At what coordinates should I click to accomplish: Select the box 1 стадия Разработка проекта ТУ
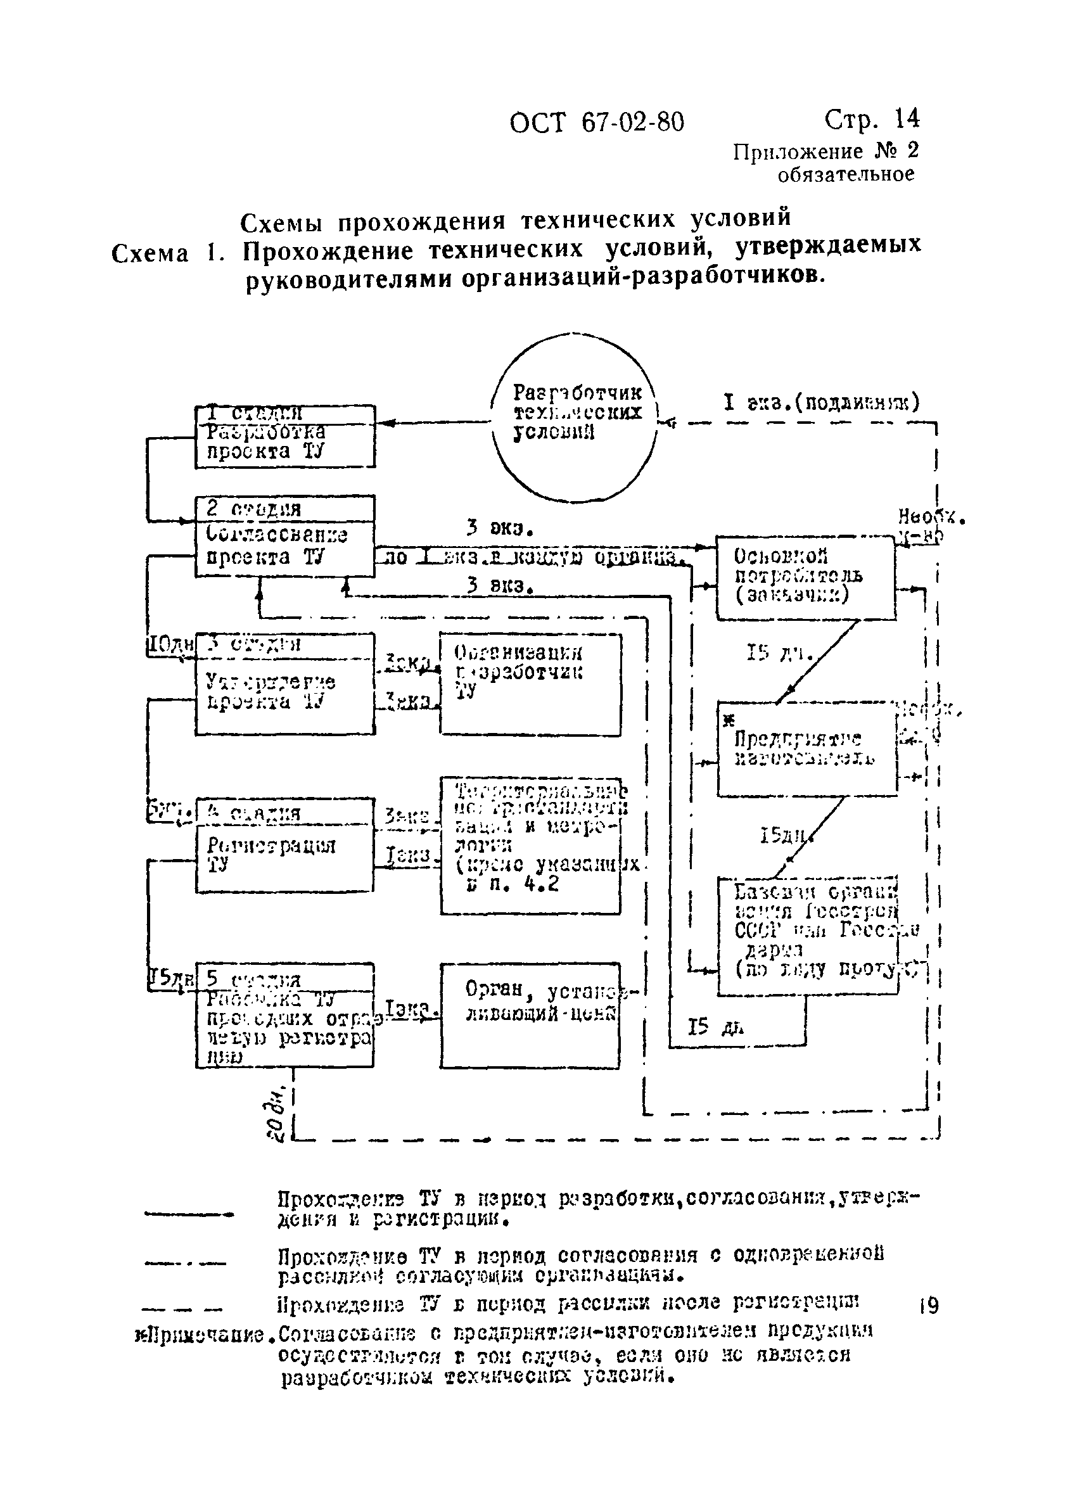coord(284,436)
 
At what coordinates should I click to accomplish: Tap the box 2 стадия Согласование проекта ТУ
coord(284,536)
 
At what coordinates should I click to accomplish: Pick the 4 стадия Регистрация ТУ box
coord(284,846)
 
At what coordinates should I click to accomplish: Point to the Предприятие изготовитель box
coord(806,749)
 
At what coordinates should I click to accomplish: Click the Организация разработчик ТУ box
coord(530,684)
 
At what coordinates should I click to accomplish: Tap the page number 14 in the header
coord(905,119)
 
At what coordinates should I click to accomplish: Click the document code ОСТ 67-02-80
coord(597,123)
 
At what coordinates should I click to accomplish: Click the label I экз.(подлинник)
coord(821,402)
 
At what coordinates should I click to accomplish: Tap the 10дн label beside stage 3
coord(169,644)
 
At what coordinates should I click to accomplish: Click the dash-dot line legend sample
coord(186,1263)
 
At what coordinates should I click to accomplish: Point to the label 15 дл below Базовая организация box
coord(715,1027)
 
